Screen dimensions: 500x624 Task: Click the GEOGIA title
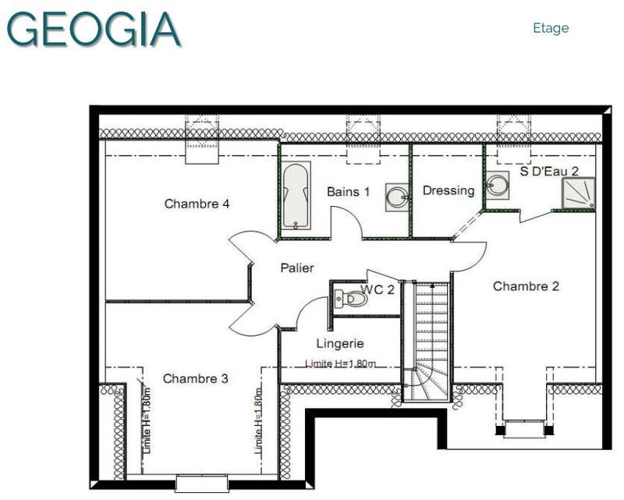tap(94, 29)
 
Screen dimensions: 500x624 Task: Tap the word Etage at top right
tap(551, 28)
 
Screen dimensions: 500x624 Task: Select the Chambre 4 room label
tap(197, 204)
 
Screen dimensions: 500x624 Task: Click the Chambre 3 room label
tap(195, 378)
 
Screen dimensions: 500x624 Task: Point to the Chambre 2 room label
tap(526, 286)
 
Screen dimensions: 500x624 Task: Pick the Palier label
tap(297, 268)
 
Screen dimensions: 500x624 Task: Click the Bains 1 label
tap(348, 191)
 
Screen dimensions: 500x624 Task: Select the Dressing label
tap(448, 190)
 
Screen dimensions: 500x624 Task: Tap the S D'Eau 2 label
tap(549, 171)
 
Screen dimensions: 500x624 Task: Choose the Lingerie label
tap(340, 342)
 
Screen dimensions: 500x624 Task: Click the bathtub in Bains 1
tap(296, 197)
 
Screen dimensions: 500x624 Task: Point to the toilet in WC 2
tap(351, 298)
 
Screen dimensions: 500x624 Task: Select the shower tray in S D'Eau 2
tap(578, 193)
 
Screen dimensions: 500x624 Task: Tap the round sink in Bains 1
tap(396, 197)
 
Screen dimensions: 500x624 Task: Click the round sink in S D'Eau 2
tap(497, 185)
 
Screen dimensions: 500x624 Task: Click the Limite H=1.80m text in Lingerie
tap(340, 363)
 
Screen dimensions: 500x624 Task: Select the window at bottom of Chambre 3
tap(201, 483)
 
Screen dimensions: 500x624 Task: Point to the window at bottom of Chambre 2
tap(524, 428)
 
